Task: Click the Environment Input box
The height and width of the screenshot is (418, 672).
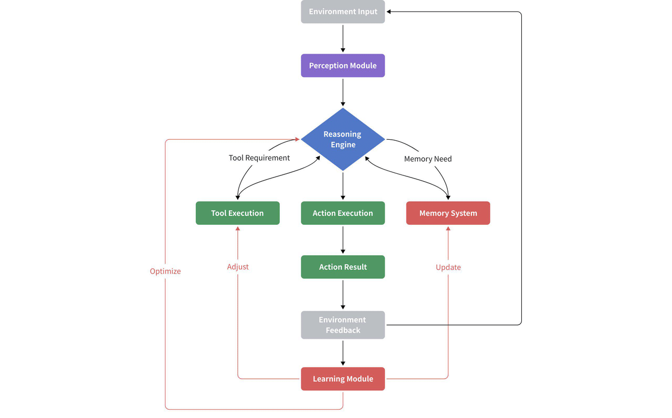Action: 343,12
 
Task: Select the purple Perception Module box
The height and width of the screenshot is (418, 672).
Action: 343,66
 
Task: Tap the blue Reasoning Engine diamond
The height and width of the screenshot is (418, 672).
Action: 343,139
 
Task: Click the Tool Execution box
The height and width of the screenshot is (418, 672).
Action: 237,213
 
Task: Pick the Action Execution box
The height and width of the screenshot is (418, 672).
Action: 343,213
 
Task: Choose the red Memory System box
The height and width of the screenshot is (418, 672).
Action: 448,213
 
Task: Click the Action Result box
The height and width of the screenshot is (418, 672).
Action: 343,267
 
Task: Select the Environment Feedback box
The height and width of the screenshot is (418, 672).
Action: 343,325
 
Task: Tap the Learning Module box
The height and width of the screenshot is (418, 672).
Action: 343,379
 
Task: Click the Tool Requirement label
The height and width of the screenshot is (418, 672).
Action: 259,158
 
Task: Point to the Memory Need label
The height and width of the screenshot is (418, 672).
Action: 427,159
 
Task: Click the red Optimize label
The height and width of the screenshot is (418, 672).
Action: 165,271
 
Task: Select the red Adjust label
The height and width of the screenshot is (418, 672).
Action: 237,267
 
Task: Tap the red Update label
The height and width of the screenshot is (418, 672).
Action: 448,267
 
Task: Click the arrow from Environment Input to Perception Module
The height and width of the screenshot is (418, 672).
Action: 343,38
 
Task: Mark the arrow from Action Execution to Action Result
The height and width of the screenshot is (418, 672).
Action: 343,240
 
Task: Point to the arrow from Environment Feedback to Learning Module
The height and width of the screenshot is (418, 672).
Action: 343,353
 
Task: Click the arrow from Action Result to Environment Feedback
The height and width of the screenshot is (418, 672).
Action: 343,295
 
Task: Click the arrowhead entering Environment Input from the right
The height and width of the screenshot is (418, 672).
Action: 390,12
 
